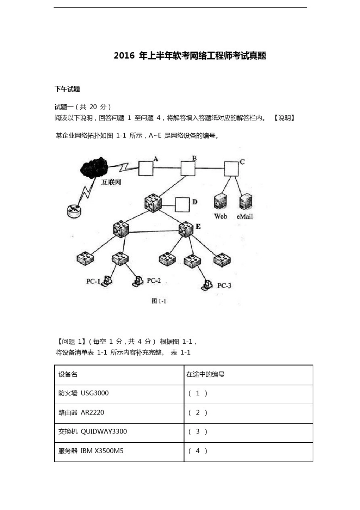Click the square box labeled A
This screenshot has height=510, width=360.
pos(146,169)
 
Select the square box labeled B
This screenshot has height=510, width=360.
pos(188,169)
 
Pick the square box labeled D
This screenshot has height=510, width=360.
pos(182,205)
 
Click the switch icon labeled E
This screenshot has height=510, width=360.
pos(186,229)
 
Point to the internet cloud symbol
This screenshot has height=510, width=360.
pos(94,167)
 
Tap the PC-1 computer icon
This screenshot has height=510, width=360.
pos(107,280)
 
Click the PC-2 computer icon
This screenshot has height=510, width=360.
pos(138,281)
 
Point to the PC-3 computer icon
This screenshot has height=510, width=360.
pos(207,285)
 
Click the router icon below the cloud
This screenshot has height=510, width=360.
pos(74,211)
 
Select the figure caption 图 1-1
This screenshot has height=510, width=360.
pos(159,301)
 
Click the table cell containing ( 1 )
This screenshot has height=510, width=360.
pos(248,394)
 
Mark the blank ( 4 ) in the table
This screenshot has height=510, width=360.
pos(198,451)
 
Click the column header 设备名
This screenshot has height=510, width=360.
pos(68,374)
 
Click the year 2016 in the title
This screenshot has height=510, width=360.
pos(124,56)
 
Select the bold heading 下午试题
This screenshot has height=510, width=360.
pos(67,89)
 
